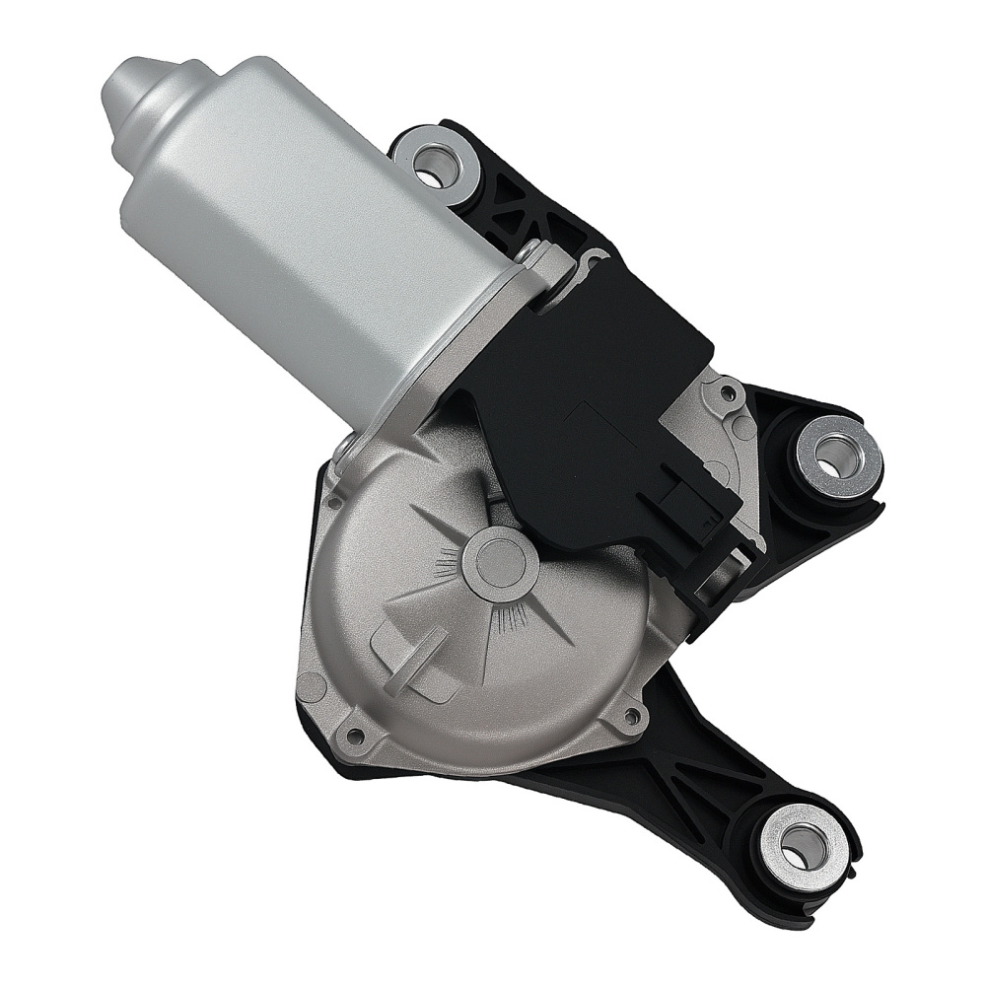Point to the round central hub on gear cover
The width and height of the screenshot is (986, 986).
[x=500, y=563]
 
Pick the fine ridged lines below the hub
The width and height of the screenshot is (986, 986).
[x=513, y=619]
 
